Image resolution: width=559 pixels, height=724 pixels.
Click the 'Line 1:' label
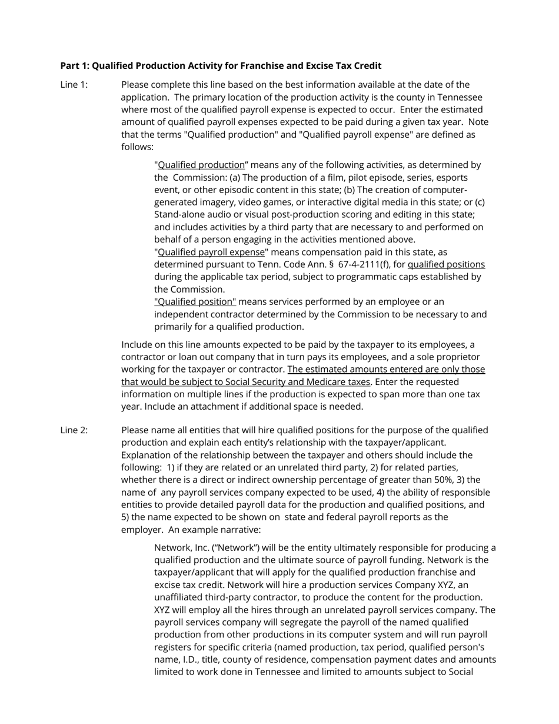(x=74, y=85)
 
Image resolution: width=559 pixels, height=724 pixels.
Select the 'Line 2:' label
(x=74, y=430)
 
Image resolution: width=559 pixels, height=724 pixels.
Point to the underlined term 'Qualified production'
(x=201, y=165)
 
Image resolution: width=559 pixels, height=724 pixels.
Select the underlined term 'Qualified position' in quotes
(x=195, y=302)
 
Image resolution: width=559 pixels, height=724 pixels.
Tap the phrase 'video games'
(x=263, y=202)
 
